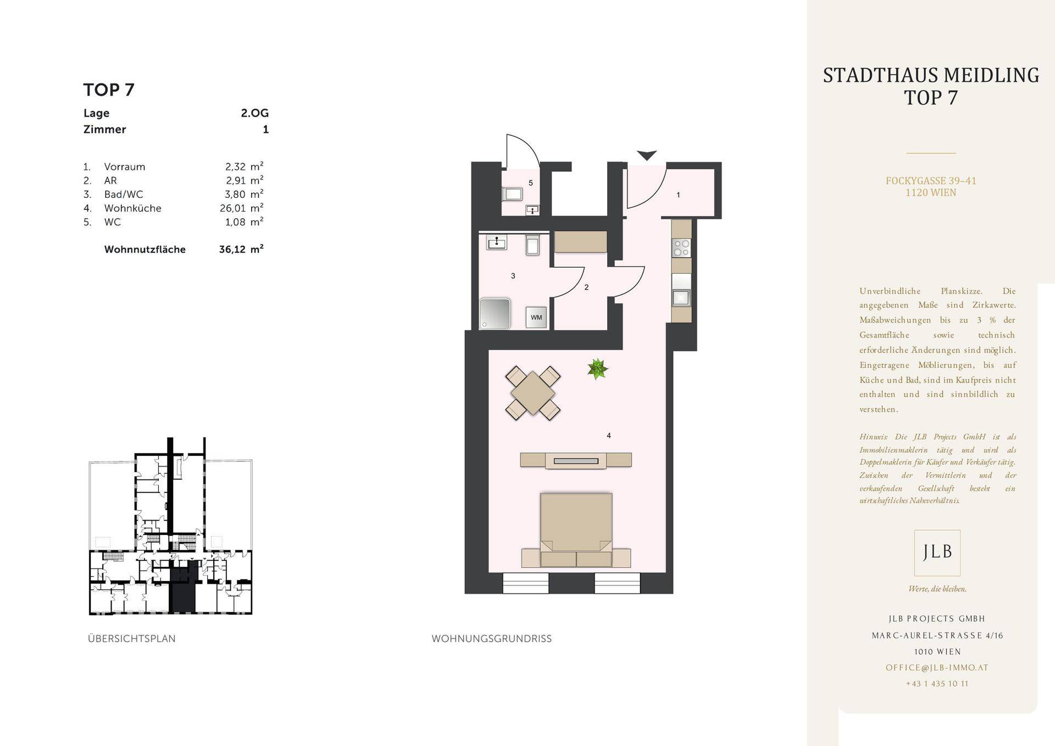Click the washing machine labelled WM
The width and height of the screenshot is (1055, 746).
pos(536,317)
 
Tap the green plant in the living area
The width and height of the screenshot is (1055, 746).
pos(597,368)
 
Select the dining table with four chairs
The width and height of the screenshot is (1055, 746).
pos(533,393)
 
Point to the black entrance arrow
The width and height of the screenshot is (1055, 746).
pos(647,155)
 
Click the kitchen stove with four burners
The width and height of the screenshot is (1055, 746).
pos(681,248)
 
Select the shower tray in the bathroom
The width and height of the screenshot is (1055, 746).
pos(495,314)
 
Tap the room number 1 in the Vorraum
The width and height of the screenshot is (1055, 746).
pos(678,195)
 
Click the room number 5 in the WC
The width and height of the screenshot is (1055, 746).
pos(530,183)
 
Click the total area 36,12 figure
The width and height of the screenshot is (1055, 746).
pos(231,249)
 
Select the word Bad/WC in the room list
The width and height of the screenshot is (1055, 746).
pos(124,194)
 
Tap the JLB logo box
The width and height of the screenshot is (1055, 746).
pos(937,552)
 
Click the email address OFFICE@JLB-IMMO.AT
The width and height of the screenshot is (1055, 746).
pos(937,667)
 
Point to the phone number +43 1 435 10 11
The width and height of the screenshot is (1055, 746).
pos(937,683)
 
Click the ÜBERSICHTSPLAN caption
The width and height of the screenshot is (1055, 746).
pos(132,638)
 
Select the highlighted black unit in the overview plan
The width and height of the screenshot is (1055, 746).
pos(182,587)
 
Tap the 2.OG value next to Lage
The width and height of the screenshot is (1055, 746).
pos(254,113)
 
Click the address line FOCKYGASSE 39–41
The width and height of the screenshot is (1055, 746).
pos(931,180)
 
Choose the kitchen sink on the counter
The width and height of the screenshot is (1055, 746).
pos(681,297)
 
